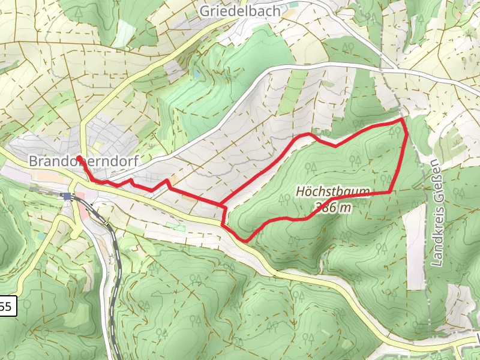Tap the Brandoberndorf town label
[83, 161]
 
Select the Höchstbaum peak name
[332, 192]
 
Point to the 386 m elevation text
[332, 208]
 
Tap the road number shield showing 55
[5, 307]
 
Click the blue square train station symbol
[67, 196]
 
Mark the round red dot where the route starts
[79, 158]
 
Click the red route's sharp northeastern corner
[401, 119]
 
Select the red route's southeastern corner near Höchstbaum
[391, 192]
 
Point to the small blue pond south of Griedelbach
[196, 75]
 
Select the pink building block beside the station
[80, 195]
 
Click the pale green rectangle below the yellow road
[175, 226]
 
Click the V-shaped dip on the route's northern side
[335, 145]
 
